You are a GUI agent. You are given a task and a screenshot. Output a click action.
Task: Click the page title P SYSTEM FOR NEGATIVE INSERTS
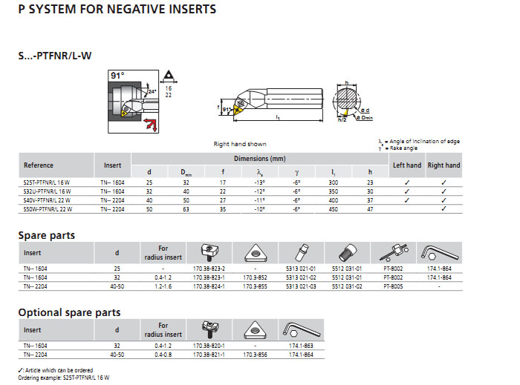pyautogui.click(x=117, y=10)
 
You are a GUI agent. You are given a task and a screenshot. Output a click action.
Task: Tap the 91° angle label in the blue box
pyautogui.click(x=117, y=76)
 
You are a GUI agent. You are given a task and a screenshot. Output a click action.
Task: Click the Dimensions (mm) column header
pyautogui.click(x=260, y=159)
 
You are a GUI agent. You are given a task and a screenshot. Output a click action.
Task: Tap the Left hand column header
pyautogui.click(x=407, y=165)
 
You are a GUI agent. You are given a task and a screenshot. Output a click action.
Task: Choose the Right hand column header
pyautogui.click(x=443, y=165)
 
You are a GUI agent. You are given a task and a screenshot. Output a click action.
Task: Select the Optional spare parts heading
pyautogui.click(x=69, y=312)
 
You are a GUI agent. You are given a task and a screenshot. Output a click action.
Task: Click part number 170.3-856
pyautogui.click(x=255, y=354)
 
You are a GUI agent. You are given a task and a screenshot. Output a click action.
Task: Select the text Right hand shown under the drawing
pyautogui.click(x=239, y=144)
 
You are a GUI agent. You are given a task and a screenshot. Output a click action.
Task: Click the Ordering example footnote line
pyautogui.click(x=63, y=378)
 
